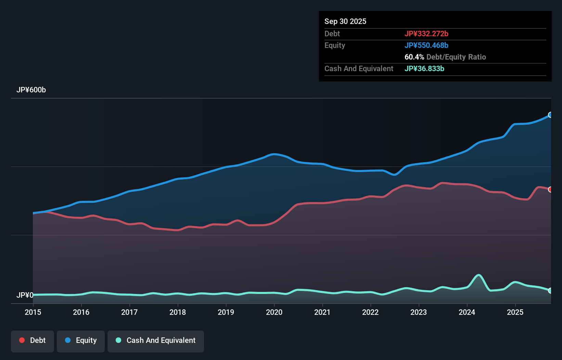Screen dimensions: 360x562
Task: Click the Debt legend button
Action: coord(33,340)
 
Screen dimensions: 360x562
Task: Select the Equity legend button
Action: coord(81,340)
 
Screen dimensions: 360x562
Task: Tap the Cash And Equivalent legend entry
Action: coord(156,340)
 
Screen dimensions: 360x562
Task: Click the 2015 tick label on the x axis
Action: coord(33,312)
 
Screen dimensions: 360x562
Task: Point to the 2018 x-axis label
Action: coord(178,312)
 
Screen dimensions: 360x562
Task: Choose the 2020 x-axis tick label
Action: coord(274,312)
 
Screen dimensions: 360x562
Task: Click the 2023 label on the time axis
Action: coord(419,312)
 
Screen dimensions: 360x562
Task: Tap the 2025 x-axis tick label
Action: coord(515,312)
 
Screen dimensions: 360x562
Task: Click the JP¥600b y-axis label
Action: coord(31,90)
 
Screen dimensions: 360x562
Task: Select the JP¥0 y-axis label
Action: coord(25,295)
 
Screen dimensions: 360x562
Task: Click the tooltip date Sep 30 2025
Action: coord(345,21)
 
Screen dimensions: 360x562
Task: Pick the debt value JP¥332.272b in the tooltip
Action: coord(426,34)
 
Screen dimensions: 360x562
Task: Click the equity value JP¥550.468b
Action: coord(426,45)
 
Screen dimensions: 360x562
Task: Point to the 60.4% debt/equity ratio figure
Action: coord(414,57)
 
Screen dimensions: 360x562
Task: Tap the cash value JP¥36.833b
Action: coord(424,68)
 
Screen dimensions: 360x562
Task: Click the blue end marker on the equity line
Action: coord(550,115)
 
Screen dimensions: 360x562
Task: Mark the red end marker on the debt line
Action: coord(550,190)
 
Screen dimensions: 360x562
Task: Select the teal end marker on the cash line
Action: coord(550,291)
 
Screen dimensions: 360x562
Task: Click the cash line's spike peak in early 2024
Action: coord(478,275)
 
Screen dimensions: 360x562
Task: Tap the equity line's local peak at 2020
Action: coord(274,154)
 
